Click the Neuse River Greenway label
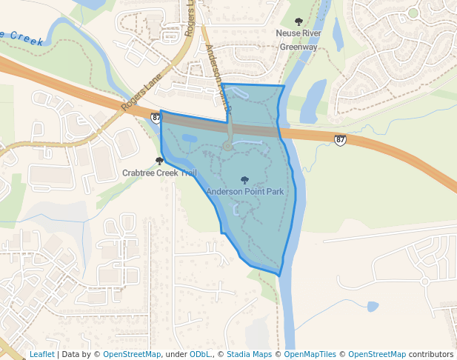click(298, 40)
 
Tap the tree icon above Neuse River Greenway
click(299, 21)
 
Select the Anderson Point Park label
click(245, 192)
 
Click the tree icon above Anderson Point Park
click(245, 179)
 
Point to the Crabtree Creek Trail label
click(160, 173)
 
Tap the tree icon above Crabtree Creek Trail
click(160, 161)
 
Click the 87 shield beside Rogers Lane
click(156, 118)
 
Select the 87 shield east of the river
click(340, 139)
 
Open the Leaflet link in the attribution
click(41, 354)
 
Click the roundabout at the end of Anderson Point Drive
click(228, 147)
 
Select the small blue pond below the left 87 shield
click(190, 138)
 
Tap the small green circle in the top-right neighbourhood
click(413, 13)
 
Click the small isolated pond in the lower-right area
click(373, 306)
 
